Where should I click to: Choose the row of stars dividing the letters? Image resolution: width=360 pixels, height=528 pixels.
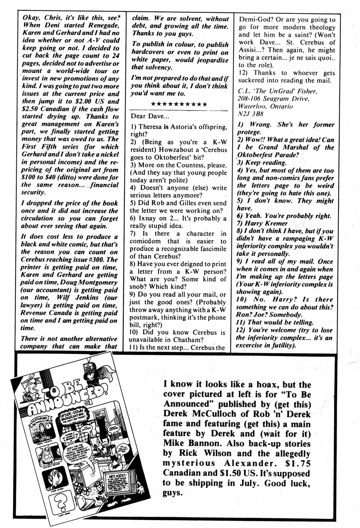point(179,104)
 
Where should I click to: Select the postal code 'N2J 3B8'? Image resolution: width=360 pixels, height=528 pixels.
point(250,114)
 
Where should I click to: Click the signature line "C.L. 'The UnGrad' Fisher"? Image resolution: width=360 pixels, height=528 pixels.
point(277,91)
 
